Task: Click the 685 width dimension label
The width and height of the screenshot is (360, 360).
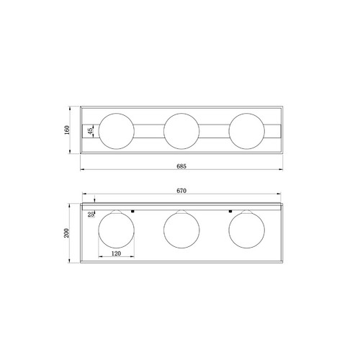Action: click(x=181, y=166)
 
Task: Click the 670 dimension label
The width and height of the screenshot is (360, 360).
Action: click(x=181, y=191)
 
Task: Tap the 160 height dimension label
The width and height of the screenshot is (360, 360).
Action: click(x=67, y=130)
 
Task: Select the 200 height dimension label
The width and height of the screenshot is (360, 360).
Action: click(x=66, y=233)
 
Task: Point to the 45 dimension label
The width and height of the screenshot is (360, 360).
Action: click(x=90, y=131)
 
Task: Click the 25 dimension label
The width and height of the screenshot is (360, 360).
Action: click(x=91, y=215)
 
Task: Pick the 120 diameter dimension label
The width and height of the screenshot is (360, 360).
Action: click(x=116, y=253)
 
